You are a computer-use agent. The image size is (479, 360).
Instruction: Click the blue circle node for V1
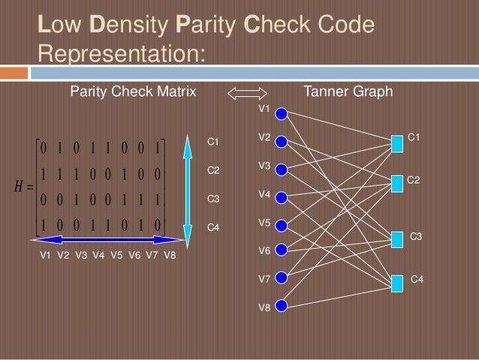point(281,113)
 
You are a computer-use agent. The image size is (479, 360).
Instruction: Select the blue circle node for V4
point(281,198)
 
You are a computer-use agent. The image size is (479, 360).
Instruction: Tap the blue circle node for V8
point(281,306)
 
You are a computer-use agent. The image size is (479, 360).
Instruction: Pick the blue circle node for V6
point(281,250)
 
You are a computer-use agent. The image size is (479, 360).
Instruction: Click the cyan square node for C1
point(397,141)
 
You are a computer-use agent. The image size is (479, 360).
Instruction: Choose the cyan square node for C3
point(397,239)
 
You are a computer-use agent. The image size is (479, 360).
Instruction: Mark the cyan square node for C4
point(397,283)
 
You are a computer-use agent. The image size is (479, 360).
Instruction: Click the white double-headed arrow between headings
point(247,93)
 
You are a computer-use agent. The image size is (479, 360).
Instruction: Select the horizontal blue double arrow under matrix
point(107,240)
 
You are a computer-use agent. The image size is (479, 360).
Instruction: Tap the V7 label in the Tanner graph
point(264,279)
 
